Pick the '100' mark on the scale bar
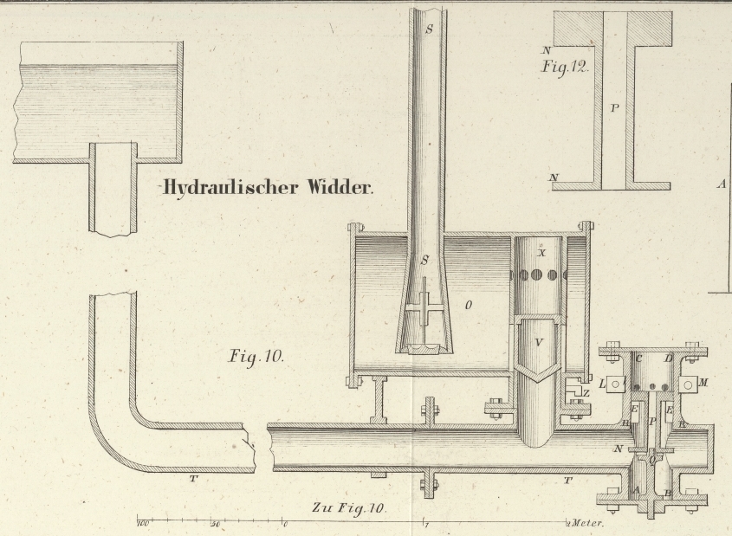(x=144, y=523)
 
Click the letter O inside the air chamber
(x=468, y=306)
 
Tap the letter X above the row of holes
(x=541, y=254)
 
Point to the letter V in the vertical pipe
(x=538, y=341)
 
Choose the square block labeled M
(x=690, y=384)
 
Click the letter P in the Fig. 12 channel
(x=614, y=109)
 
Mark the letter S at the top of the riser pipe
(x=427, y=28)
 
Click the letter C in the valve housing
(x=638, y=358)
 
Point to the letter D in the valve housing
(x=667, y=358)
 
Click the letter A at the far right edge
(x=722, y=184)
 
